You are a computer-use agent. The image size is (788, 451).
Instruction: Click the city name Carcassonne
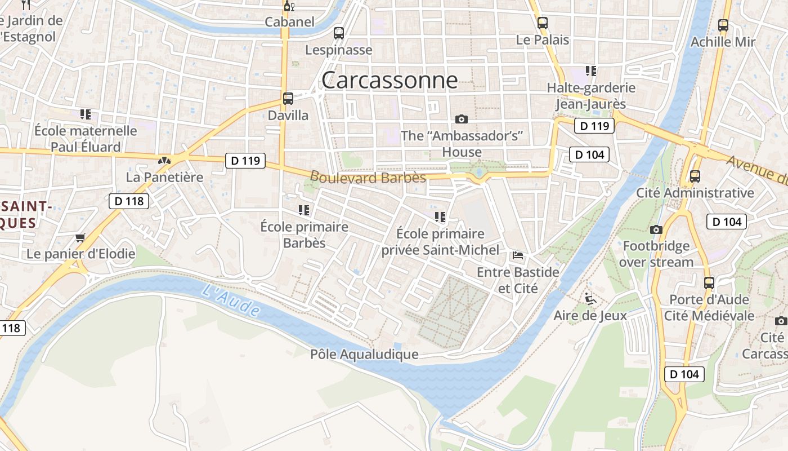point(389,81)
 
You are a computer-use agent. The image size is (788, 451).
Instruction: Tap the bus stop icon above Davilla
point(288,99)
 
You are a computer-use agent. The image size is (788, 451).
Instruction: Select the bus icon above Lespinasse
point(338,33)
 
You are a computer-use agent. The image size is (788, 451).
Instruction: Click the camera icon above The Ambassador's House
point(462,119)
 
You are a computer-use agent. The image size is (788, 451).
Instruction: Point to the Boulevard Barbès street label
point(368,177)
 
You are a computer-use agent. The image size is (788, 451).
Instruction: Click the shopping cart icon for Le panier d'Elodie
point(80,238)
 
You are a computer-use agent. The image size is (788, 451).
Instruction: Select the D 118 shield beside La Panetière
point(129,201)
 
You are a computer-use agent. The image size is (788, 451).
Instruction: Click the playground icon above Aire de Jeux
point(590,298)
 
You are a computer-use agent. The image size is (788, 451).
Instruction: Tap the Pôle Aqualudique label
point(364,355)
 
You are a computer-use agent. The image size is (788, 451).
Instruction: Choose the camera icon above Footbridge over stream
point(656,229)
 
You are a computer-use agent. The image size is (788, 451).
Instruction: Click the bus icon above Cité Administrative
point(695,176)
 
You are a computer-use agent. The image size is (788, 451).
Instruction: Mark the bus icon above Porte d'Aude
point(709,282)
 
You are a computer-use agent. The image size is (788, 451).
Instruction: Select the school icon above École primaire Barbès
point(304,210)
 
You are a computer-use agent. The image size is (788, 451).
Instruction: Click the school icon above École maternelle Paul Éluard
point(86,114)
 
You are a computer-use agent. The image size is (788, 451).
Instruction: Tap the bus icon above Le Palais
point(543,23)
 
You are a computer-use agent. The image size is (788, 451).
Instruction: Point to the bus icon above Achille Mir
point(723,25)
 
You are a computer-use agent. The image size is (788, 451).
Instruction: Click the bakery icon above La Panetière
point(164,161)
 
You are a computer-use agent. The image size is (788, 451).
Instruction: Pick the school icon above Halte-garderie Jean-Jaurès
point(591,71)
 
